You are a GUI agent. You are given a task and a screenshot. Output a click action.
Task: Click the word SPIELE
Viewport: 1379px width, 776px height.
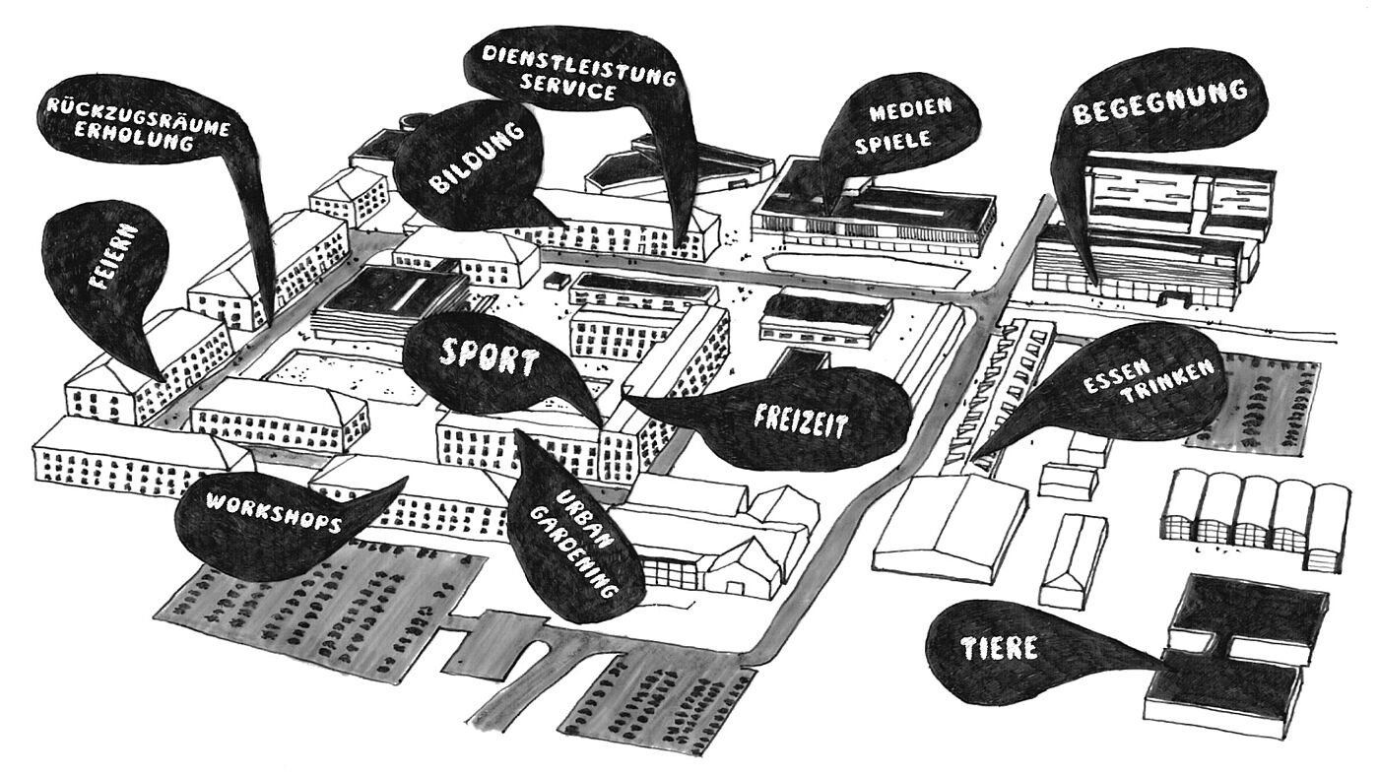click(x=893, y=140)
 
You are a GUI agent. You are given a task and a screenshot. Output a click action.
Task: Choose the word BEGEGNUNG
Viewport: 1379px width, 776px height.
click(x=1159, y=100)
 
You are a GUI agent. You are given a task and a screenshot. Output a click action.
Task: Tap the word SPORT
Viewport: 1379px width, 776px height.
click(x=490, y=359)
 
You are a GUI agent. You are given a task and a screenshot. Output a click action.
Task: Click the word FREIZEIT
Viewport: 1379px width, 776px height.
click(x=800, y=420)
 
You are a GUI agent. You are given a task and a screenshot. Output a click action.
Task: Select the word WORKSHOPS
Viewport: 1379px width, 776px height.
click(x=274, y=512)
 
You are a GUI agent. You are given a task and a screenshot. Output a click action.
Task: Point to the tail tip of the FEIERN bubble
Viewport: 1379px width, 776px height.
click(x=164, y=380)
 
